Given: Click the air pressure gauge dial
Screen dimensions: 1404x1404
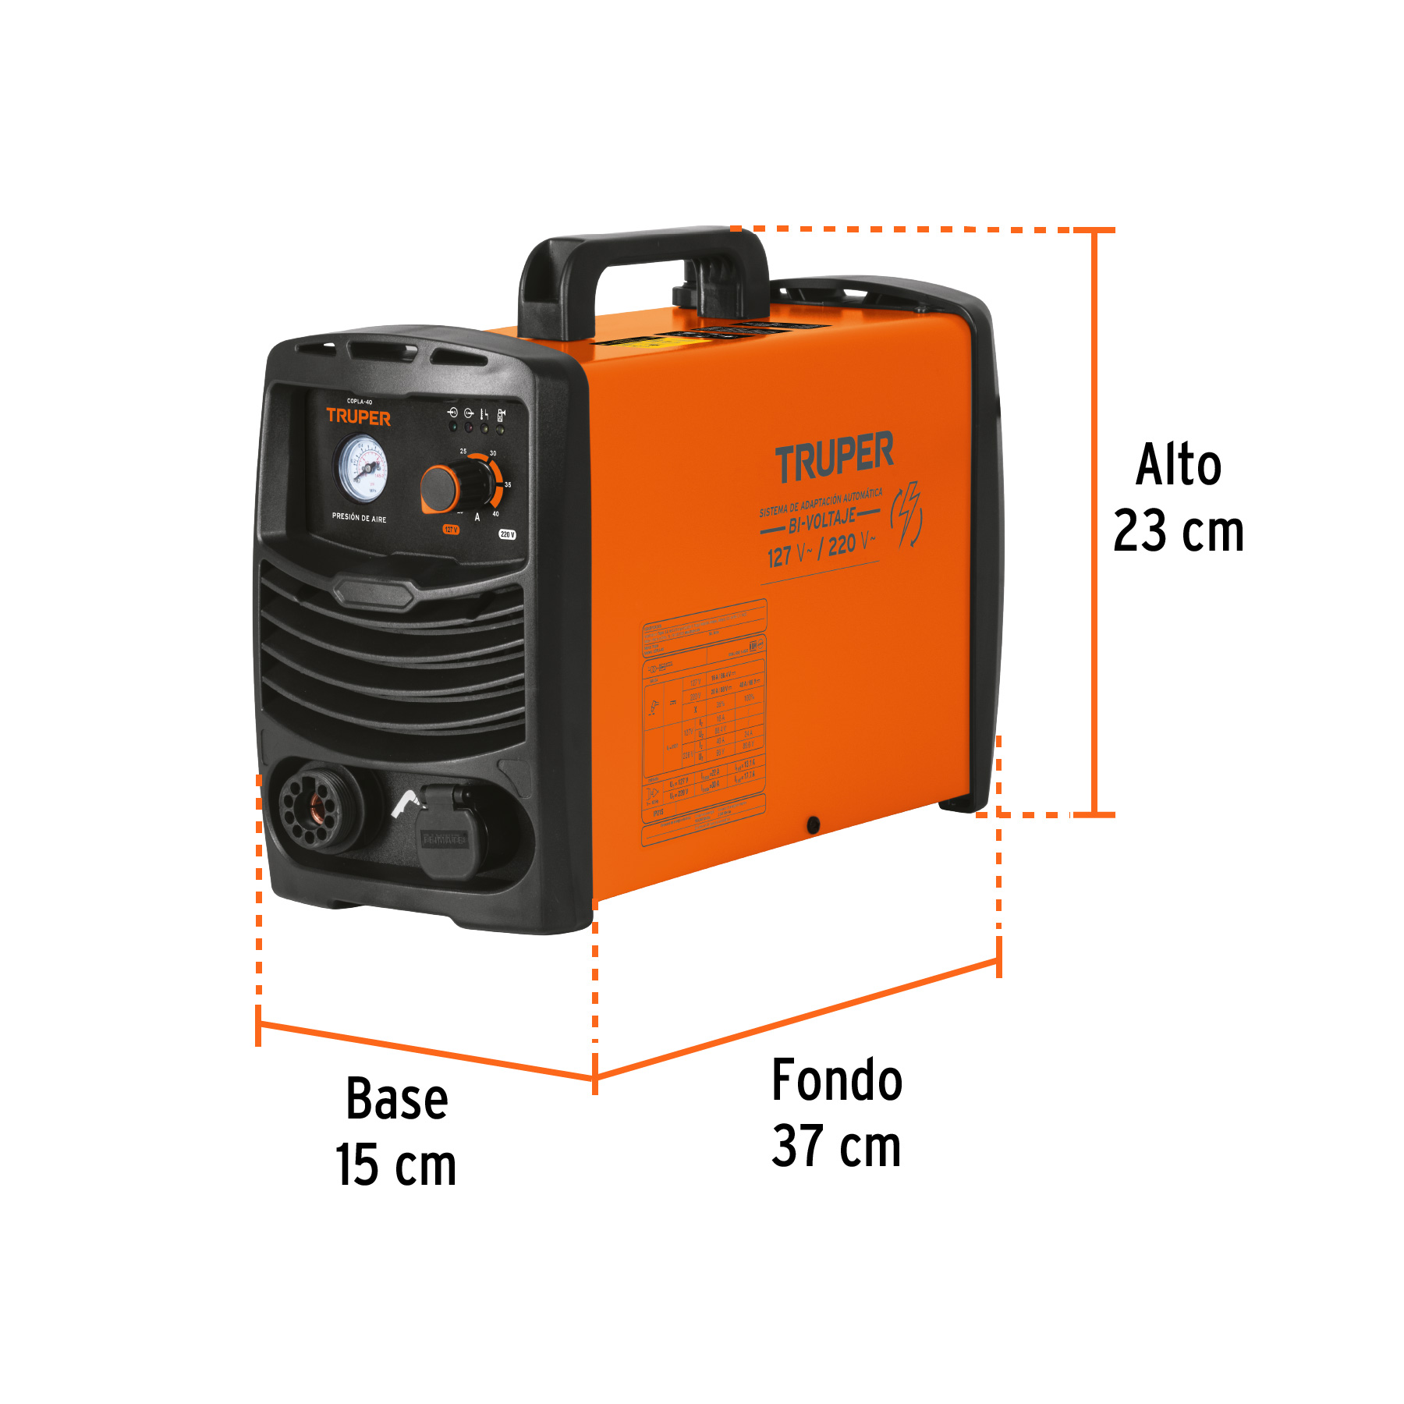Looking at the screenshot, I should (x=362, y=469).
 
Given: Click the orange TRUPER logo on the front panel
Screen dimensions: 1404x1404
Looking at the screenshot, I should (x=358, y=417).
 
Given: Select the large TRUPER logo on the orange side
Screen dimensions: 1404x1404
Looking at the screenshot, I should (x=834, y=457).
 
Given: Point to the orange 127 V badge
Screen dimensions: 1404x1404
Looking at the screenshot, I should (x=451, y=530).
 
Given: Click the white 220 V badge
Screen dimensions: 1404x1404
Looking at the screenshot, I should (x=507, y=534).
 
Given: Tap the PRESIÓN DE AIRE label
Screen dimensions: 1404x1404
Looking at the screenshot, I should (x=359, y=517).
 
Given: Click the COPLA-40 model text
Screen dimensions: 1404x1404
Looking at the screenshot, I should (x=360, y=402).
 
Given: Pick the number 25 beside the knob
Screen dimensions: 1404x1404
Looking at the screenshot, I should (x=463, y=452).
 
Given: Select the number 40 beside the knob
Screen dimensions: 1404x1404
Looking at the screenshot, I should (x=495, y=514).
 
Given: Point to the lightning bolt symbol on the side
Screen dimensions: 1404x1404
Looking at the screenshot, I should (x=907, y=515).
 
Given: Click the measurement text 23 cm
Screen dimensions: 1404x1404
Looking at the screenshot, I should (x=1178, y=531).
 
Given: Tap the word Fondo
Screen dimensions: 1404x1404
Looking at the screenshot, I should (x=837, y=1080).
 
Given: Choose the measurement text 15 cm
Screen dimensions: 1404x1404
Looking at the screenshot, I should (x=395, y=1165).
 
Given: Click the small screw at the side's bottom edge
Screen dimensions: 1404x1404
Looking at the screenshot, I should (x=813, y=824).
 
